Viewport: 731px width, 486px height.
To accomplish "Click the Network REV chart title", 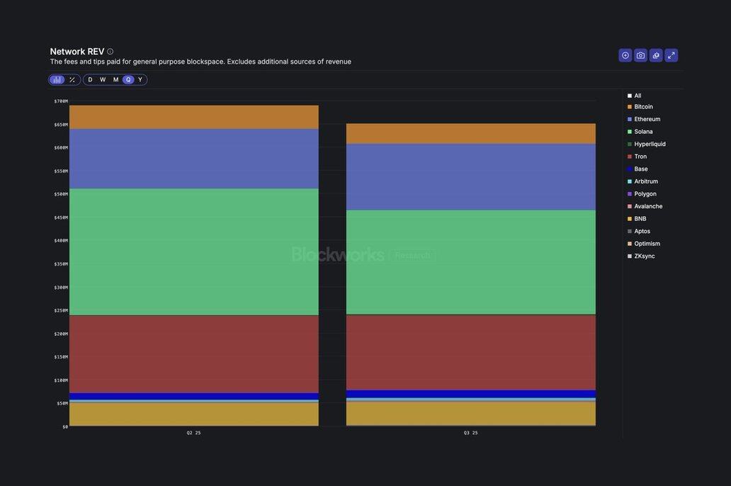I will coord(77,52).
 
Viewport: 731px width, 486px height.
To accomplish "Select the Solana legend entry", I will coord(643,132).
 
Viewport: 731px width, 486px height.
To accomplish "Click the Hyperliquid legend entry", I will coord(650,145).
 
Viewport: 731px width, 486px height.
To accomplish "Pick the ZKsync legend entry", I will coord(644,256).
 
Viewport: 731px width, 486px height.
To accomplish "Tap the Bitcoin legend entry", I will coord(643,107).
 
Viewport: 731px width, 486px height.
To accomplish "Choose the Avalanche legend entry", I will coord(648,207).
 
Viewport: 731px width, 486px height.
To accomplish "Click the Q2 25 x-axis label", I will coord(193,433).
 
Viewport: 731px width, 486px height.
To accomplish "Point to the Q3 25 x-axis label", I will coord(470,433).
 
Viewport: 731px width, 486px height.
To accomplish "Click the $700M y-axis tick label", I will coord(61,101).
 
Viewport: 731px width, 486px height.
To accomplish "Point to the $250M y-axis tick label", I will coord(61,310).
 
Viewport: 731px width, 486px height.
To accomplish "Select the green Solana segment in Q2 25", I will coord(193,252).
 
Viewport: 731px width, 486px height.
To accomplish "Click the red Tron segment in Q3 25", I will coord(470,352).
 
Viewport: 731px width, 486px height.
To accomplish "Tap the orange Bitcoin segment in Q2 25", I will coord(193,117).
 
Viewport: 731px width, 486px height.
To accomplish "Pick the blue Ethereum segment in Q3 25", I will coord(470,177).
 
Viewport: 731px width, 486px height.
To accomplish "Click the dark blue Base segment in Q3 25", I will coord(470,394).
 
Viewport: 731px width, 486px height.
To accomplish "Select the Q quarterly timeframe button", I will coord(128,80).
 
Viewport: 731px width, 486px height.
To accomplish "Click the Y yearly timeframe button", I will coord(140,80).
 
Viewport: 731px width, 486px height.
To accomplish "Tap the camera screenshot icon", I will coord(640,55).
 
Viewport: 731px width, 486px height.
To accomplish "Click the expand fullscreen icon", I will coord(671,55).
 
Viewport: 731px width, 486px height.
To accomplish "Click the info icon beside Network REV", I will coord(110,52).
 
